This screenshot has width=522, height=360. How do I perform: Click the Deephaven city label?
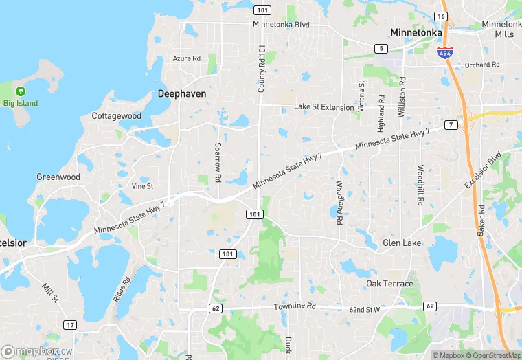tap(182, 93)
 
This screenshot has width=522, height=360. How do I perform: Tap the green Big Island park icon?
tap(21, 91)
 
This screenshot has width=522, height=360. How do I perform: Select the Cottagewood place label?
tap(117, 116)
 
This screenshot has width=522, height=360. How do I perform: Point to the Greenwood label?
tap(58, 177)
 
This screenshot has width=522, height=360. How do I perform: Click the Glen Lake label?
tap(402, 243)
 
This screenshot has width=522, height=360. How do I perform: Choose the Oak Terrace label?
tap(389, 284)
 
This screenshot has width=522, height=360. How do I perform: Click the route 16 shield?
tap(442, 16)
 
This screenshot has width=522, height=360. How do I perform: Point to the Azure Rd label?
tap(186, 58)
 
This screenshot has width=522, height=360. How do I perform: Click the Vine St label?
tap(142, 186)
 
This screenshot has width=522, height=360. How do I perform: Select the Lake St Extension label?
tap(324, 107)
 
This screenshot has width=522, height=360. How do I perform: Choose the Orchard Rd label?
tap(482, 65)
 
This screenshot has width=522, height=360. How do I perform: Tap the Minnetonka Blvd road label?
tap(281, 25)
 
